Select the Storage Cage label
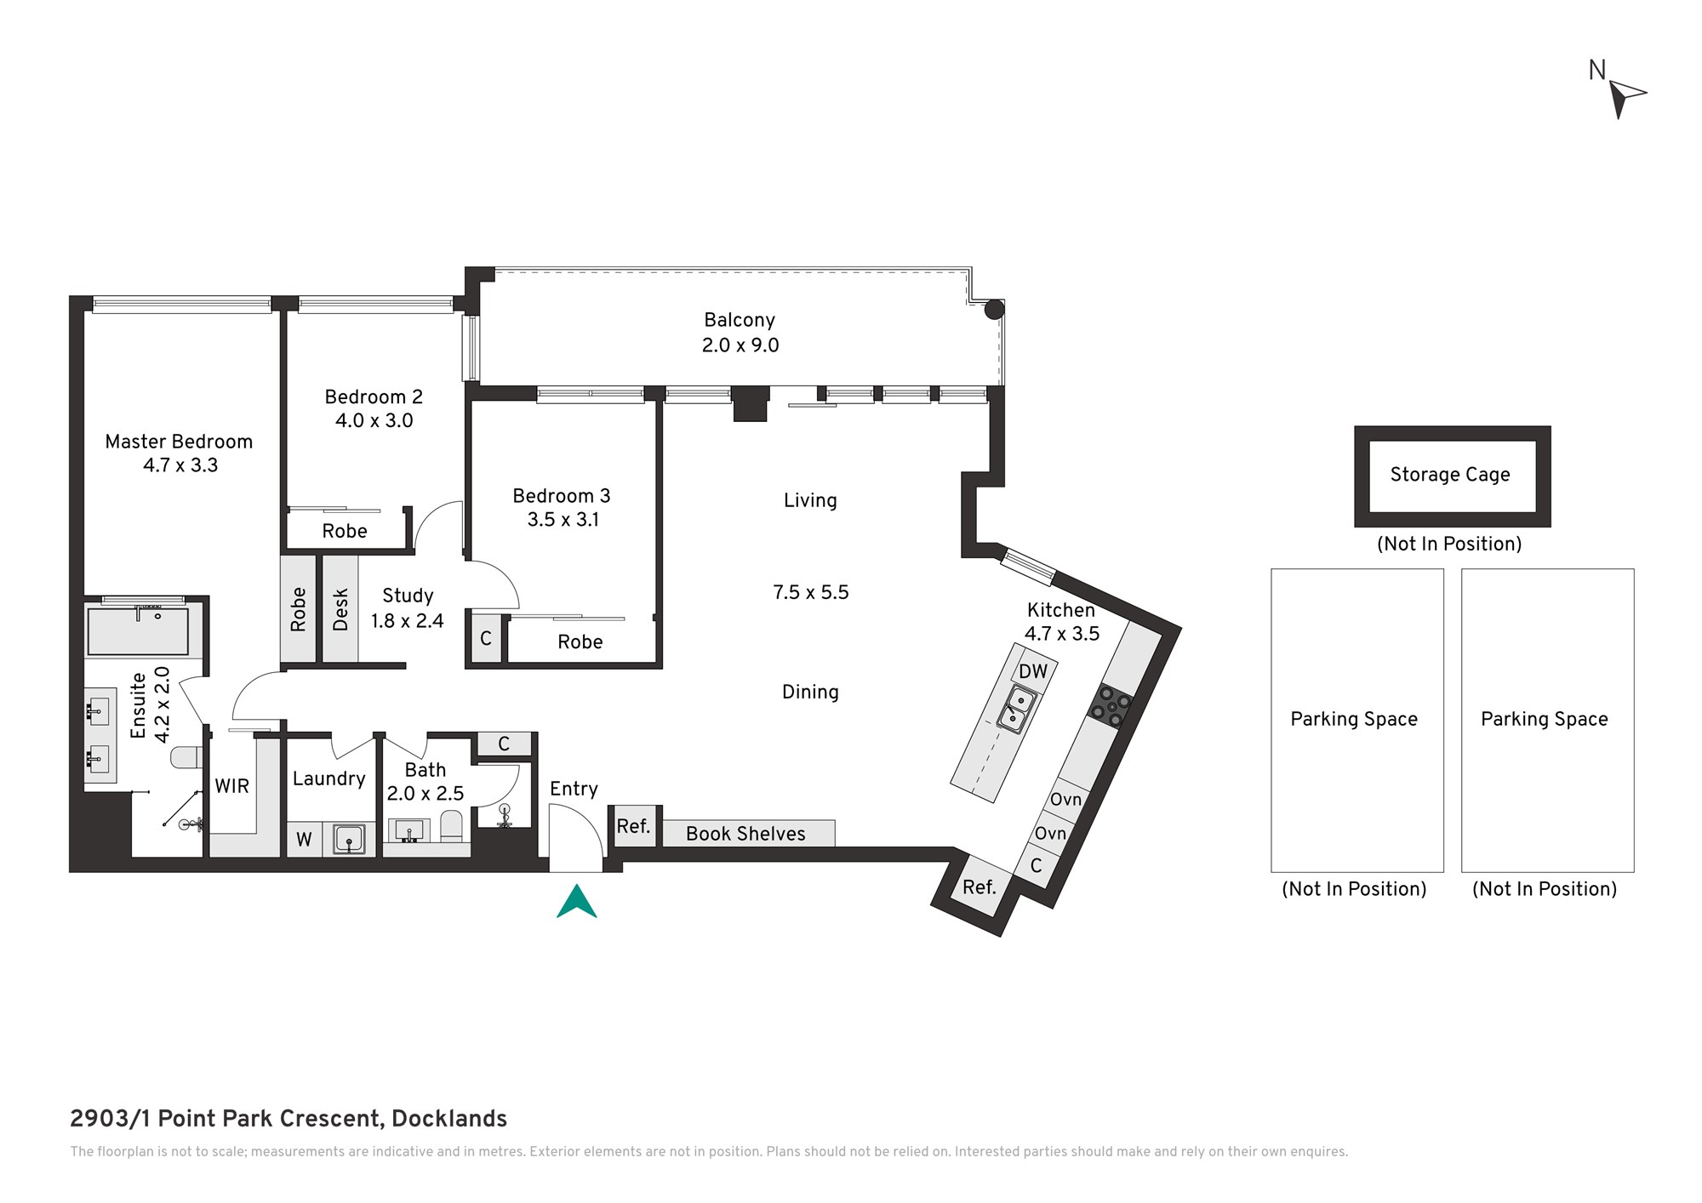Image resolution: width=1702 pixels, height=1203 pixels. point(1450,475)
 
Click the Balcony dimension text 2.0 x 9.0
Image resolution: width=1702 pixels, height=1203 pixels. point(740,345)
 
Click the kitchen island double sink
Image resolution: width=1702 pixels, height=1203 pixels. point(1016,710)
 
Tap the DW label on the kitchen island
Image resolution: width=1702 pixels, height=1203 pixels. point(1033,671)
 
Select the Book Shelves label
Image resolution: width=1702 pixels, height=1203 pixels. point(745,834)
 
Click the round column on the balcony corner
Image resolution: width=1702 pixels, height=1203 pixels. point(994,310)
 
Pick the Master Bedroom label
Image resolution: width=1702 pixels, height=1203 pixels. point(179,442)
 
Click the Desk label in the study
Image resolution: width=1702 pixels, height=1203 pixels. point(340,610)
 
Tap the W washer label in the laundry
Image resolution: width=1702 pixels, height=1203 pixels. point(304,840)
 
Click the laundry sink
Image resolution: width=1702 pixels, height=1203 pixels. point(349,839)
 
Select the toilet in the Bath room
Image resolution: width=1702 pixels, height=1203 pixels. point(451,826)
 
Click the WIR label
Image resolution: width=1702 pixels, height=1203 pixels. point(231,786)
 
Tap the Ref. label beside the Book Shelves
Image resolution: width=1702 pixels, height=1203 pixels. point(633,826)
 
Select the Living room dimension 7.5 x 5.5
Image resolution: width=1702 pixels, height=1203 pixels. point(811,592)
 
